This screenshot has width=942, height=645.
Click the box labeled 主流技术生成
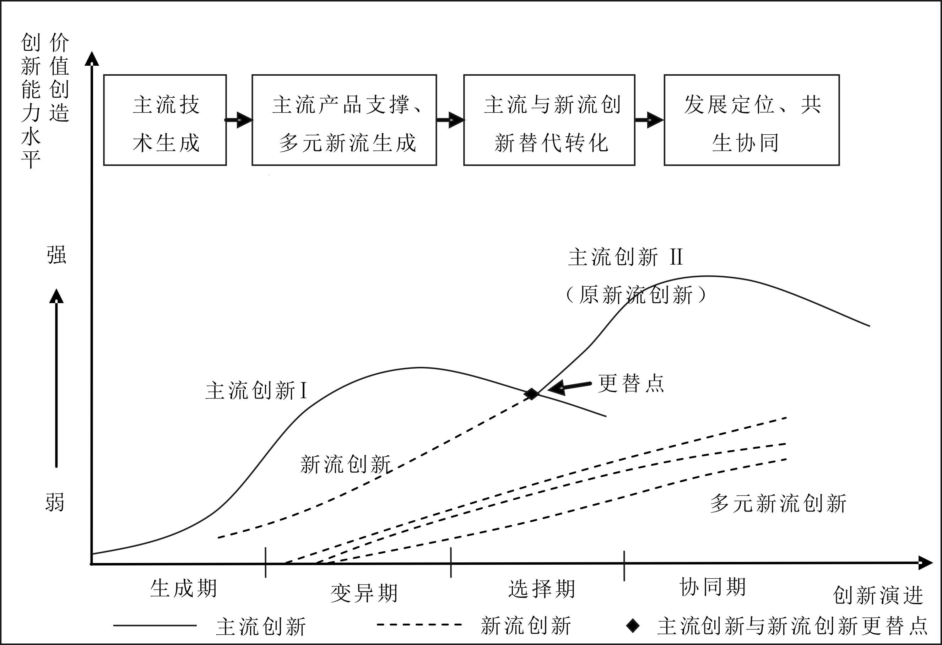[x=165, y=120]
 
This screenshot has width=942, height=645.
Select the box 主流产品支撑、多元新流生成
[x=344, y=120]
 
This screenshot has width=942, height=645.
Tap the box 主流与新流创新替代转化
[x=549, y=120]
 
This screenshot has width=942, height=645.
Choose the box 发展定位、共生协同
[x=752, y=120]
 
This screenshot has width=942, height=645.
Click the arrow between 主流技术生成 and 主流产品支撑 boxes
[x=239, y=120]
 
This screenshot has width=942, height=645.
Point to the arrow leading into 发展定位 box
[x=649, y=120]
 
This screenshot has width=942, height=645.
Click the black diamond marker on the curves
[x=531, y=394]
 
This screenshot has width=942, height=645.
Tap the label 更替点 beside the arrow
[x=631, y=384]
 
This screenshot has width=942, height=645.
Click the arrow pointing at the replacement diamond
[x=569, y=387]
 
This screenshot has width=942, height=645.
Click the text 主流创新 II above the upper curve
[x=626, y=258]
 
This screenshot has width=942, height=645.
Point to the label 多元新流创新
[x=778, y=504]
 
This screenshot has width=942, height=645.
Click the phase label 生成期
[x=184, y=589]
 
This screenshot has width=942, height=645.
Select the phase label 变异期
[x=364, y=593]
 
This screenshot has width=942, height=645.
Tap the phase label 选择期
[x=542, y=589]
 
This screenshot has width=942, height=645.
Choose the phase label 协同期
[x=713, y=587]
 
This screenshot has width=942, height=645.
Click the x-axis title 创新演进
[x=878, y=596]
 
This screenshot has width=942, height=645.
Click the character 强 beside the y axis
[x=56, y=255]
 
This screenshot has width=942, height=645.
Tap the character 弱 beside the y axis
[x=55, y=503]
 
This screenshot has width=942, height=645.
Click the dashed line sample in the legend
[x=419, y=625]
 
